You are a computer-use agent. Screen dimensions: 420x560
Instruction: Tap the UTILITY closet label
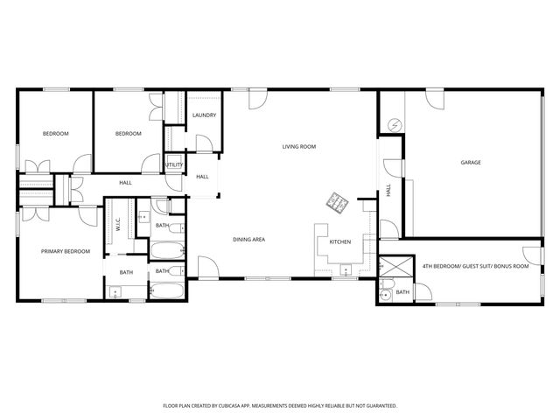174,164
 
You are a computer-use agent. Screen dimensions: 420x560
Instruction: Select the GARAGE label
471,163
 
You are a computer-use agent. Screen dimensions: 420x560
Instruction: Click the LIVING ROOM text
298,146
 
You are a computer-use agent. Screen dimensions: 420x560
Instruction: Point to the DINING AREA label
248,239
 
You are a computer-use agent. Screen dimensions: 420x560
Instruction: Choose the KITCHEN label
339,241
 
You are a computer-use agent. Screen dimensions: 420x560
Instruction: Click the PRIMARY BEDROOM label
66,251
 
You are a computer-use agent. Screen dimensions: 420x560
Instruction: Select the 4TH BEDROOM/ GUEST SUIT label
475,265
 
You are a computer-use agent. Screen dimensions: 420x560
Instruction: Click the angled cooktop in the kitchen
338,204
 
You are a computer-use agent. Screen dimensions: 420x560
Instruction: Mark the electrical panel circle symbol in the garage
395,125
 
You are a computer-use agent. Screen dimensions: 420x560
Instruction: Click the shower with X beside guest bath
395,265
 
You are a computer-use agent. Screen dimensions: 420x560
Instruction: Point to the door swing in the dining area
206,266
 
